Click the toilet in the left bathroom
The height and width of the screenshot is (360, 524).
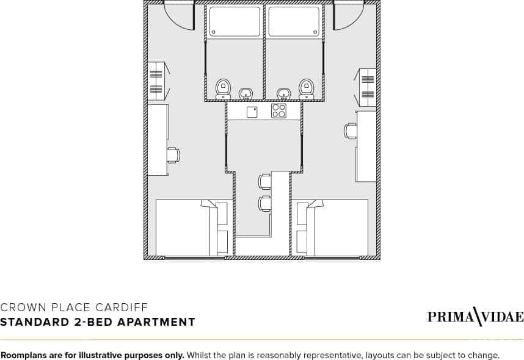[222, 89]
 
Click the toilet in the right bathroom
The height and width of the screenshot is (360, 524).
[306, 89]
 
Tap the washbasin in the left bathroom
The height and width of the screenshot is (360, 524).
[246, 93]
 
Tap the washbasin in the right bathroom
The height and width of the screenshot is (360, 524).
[284, 93]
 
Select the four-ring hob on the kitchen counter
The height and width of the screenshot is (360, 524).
[278, 111]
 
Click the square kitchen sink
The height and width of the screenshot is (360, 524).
[252, 112]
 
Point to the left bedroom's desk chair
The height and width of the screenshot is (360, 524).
[173, 155]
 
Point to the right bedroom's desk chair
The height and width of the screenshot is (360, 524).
[350, 131]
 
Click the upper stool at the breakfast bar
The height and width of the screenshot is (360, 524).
[264, 182]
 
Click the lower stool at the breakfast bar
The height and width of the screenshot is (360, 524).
[264, 204]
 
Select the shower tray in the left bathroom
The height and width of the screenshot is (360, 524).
[235, 21]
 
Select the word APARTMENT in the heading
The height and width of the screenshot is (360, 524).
[156, 322]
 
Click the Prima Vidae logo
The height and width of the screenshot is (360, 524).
[476, 317]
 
